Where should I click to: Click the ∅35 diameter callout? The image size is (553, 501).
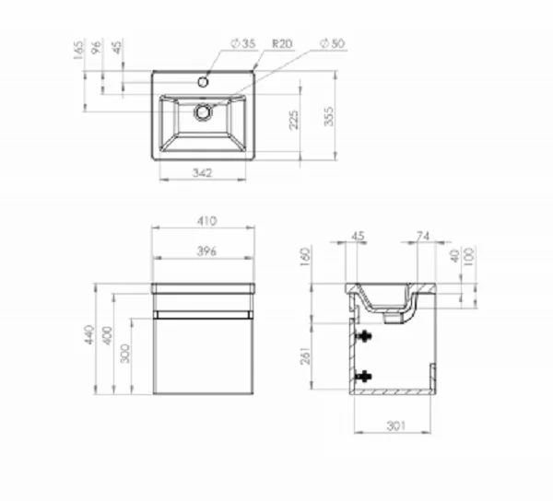[x=243, y=43]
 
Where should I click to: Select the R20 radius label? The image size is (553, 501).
[x=283, y=43]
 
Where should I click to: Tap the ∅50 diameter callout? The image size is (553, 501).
[x=333, y=43]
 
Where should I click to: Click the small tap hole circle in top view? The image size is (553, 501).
[x=203, y=83]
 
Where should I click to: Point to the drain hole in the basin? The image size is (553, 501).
[x=203, y=112]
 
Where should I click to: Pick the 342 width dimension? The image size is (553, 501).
[x=203, y=173]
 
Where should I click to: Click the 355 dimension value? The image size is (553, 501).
[x=329, y=116]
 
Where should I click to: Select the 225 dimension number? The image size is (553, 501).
[x=294, y=120]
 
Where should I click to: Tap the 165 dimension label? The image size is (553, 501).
[x=79, y=50]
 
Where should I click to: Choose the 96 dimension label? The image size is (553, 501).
[x=96, y=46]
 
